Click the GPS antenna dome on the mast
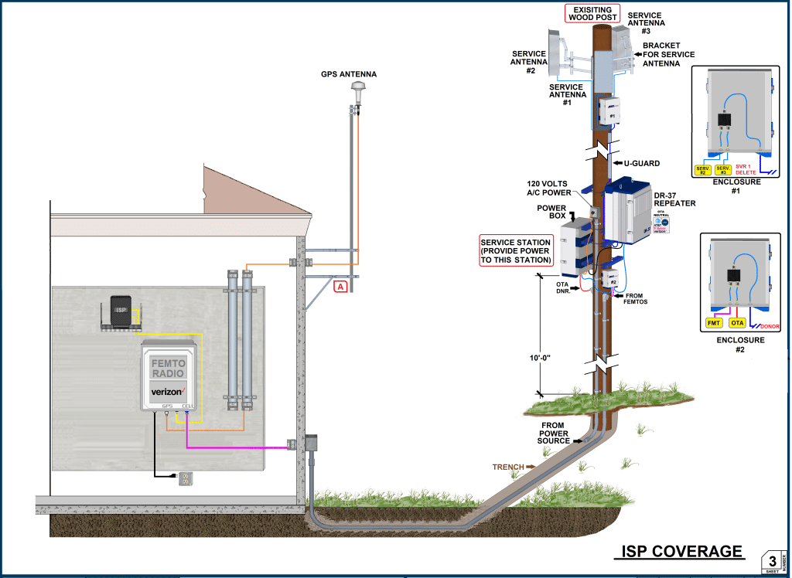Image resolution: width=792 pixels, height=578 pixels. coord(357,93)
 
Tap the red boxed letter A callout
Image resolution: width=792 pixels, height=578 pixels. coord(340,287)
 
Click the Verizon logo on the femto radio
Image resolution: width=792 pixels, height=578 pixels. coord(167,392)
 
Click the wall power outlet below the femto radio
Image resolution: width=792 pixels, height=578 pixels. coord(184,478)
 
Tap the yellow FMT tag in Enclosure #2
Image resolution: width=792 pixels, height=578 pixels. coord(713,322)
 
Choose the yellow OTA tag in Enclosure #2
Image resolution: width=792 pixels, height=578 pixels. coord(737,322)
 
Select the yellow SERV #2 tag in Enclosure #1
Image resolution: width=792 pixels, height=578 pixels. coord(702,169)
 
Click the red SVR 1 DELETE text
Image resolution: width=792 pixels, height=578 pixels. coord(746,169)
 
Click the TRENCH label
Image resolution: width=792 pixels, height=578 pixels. coord(508,467)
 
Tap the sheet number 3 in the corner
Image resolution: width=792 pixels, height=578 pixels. coord(771,560)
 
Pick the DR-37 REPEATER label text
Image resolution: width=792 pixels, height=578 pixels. coord(674,199)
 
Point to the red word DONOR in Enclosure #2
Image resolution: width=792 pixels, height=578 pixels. coord(770,326)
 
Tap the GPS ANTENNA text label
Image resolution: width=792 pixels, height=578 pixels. coord(349,74)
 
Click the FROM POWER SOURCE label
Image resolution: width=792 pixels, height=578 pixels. coord(554,433)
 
